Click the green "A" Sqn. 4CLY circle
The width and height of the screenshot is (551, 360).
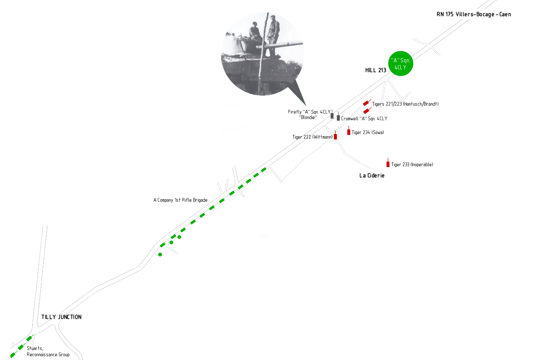[400, 63]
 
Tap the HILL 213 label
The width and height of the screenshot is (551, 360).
[376, 71]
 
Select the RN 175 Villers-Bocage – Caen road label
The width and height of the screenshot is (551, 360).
[474, 14]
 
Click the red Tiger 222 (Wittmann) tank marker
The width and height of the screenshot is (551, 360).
[335, 135]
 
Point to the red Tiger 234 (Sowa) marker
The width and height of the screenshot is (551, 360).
[349, 131]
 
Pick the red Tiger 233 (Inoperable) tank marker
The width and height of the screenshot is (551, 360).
[388, 163]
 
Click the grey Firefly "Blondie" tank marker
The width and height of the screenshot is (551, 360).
[332, 114]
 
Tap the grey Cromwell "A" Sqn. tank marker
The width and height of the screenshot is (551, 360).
[338, 117]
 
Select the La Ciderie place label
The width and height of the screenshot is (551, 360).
[372, 175]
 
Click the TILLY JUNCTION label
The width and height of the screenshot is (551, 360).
[61, 317]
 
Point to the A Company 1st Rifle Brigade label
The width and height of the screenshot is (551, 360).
[180, 200]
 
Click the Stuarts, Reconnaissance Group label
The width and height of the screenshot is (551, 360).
[48, 351]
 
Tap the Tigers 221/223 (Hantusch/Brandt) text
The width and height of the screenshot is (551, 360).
[405, 104]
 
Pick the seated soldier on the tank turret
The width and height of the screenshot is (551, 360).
[255, 31]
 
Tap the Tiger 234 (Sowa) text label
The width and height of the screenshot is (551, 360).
[368, 132]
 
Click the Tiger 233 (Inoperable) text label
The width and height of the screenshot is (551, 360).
[412, 165]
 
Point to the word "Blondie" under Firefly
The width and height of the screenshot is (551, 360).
[308, 117]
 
